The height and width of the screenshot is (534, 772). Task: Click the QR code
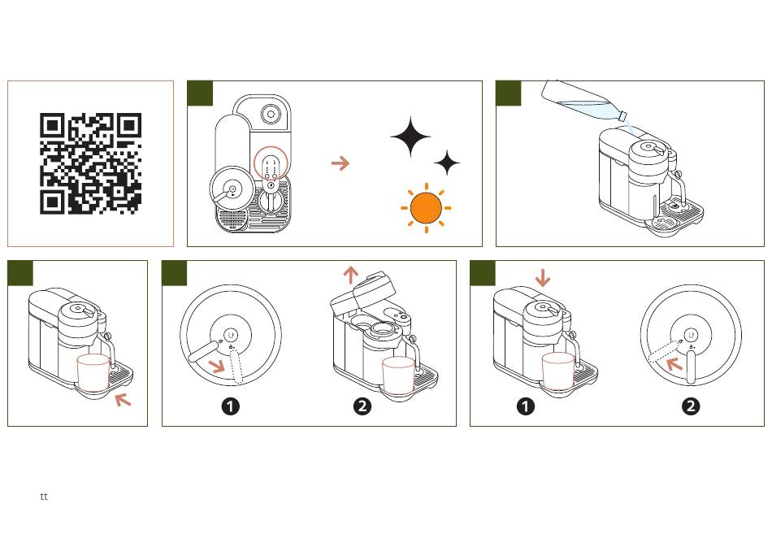91,163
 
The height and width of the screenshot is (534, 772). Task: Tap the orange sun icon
425,208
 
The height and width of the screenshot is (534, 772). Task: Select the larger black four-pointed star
410,137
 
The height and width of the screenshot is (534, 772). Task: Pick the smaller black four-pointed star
447,163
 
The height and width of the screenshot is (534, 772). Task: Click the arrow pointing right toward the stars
340,163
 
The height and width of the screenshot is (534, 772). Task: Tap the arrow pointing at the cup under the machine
123,399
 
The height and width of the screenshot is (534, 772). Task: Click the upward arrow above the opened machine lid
350,275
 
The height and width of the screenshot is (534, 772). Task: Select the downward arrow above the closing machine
543,278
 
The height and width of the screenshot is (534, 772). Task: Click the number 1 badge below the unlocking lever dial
231,406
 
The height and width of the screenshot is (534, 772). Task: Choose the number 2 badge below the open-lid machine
362,406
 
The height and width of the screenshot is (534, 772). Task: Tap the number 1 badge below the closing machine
526,406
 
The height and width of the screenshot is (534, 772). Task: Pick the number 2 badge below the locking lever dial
691,406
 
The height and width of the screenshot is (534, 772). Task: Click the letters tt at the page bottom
44,496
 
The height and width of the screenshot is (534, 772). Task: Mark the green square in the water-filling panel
509,93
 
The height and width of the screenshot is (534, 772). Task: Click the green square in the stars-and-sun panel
200,93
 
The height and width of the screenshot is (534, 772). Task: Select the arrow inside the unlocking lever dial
217,365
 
